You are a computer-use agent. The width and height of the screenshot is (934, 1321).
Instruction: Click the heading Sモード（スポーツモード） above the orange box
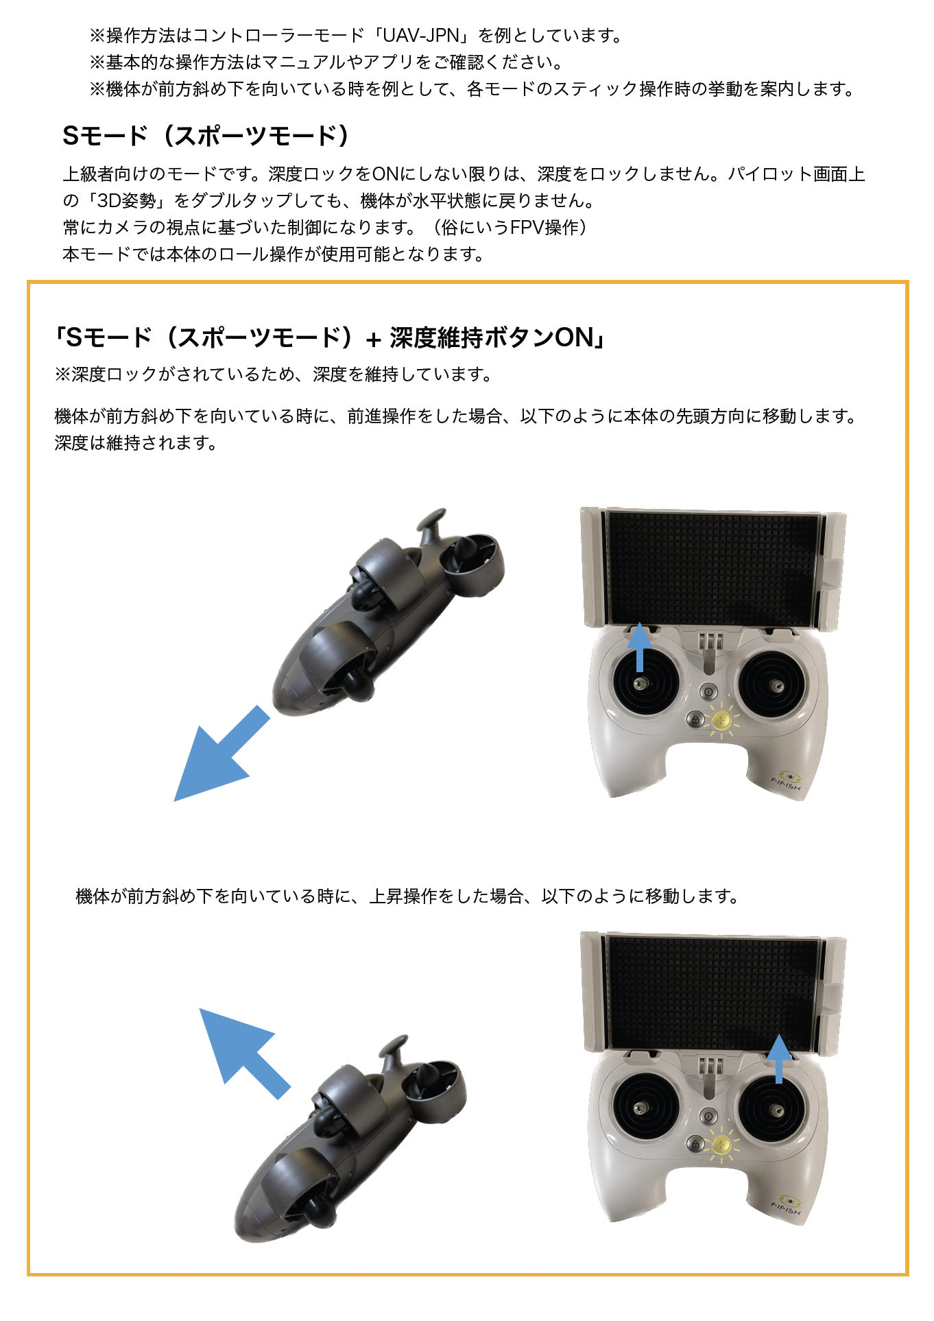click(x=206, y=136)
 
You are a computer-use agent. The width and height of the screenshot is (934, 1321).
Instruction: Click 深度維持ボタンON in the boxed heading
click(x=492, y=337)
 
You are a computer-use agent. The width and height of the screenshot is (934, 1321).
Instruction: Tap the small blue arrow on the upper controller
click(x=640, y=647)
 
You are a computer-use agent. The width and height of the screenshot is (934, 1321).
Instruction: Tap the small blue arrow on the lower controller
click(x=778, y=1058)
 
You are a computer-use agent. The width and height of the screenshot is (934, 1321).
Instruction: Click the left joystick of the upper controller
click(x=643, y=683)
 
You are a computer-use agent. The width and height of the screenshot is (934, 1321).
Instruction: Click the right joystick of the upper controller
click(x=775, y=684)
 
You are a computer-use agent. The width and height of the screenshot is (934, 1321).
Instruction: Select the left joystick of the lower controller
click(x=643, y=1106)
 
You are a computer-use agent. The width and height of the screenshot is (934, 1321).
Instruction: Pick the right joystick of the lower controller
click(x=775, y=1108)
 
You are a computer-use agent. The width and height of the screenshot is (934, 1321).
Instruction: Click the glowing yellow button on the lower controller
click(x=721, y=1143)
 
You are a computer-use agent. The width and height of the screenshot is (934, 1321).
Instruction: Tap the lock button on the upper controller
click(x=695, y=719)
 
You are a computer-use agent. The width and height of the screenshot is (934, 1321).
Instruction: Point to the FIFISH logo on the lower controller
click(x=787, y=1205)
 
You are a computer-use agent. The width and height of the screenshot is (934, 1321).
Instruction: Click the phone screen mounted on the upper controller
click(x=713, y=568)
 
